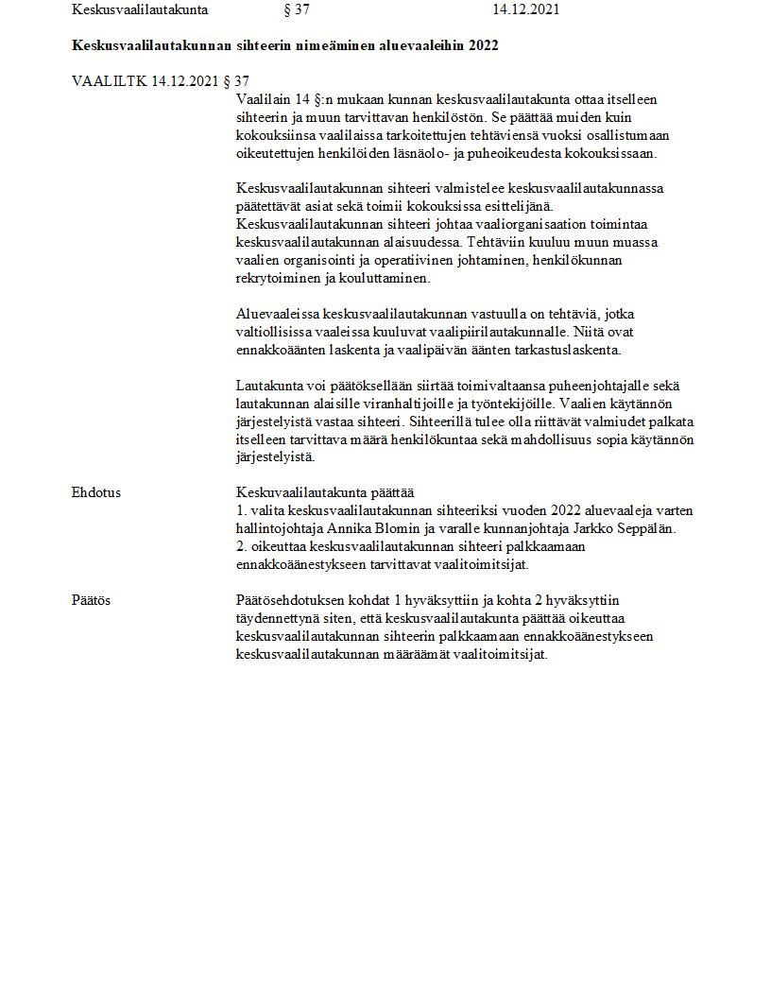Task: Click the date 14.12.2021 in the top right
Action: [x=525, y=10]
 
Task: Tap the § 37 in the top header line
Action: [x=297, y=10]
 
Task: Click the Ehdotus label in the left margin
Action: [x=95, y=492]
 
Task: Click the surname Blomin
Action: [x=410, y=527]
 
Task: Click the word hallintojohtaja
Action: [x=283, y=527]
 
